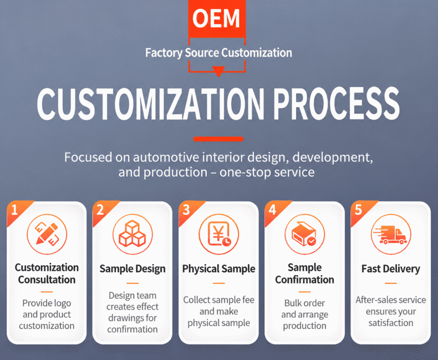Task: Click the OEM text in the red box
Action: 216,18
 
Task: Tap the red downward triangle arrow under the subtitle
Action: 218,71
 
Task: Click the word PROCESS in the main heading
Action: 337,104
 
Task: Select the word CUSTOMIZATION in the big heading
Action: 151,104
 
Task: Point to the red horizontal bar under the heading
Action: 218,139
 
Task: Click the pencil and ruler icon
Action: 47,234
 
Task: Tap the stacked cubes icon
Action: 133,234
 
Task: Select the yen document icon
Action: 218,234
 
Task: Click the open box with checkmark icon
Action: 305,234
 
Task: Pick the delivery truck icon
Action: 391,234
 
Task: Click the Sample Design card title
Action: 133,269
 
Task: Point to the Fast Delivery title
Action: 391,269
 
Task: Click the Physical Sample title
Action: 218,269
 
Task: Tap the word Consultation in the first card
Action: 47,280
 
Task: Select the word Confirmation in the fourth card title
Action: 305,280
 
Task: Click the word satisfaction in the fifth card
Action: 391,323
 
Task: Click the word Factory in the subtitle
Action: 164,53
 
